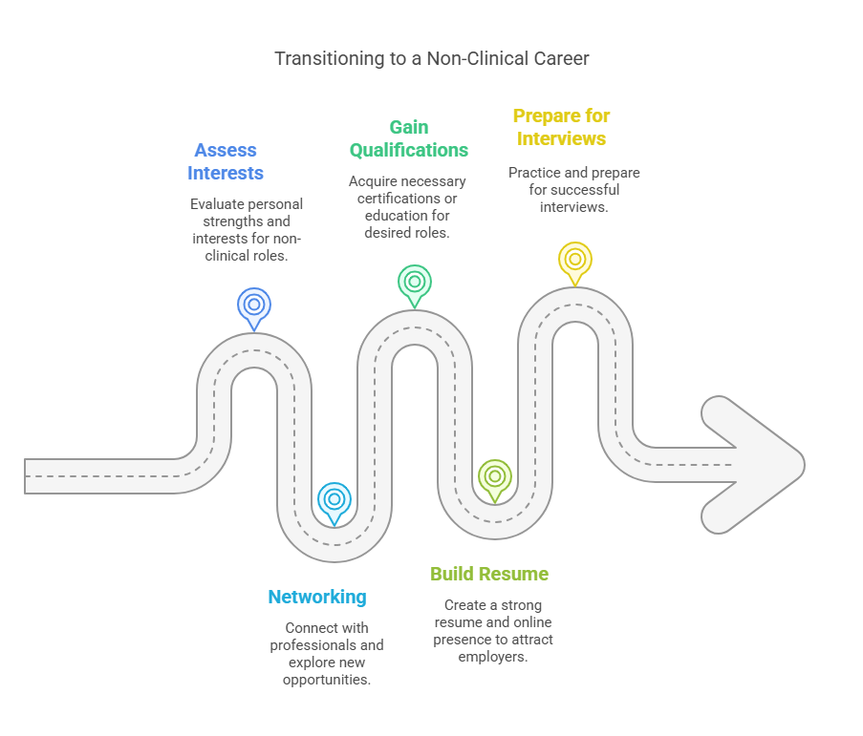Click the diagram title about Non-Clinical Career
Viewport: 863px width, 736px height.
click(x=431, y=58)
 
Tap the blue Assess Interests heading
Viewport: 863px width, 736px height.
click(x=226, y=161)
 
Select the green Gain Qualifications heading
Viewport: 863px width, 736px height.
click(x=409, y=138)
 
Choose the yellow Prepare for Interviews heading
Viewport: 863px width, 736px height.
click(x=561, y=127)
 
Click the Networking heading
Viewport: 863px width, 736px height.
click(x=317, y=597)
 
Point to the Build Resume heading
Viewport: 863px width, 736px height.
click(x=489, y=574)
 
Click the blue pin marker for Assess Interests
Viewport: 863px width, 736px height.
click(x=254, y=305)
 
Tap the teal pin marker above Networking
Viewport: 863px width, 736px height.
click(x=334, y=499)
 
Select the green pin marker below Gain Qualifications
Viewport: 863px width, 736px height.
click(x=415, y=283)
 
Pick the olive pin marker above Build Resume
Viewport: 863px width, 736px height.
click(x=495, y=476)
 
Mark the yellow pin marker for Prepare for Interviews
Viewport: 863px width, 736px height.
click(x=575, y=260)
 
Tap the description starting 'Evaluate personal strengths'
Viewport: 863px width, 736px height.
click(x=247, y=230)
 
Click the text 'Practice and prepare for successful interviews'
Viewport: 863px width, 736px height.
click(x=574, y=189)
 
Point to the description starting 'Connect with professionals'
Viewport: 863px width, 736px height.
click(x=327, y=654)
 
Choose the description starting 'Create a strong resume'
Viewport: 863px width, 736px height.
click(x=493, y=631)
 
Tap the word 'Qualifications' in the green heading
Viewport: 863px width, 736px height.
click(x=409, y=150)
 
